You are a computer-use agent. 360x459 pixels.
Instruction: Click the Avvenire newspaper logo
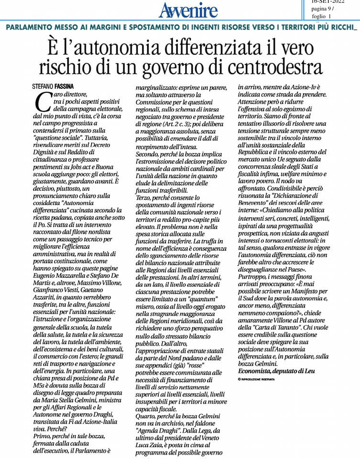(188, 10)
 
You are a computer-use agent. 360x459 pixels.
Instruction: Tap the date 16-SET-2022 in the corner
(327, 1)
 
